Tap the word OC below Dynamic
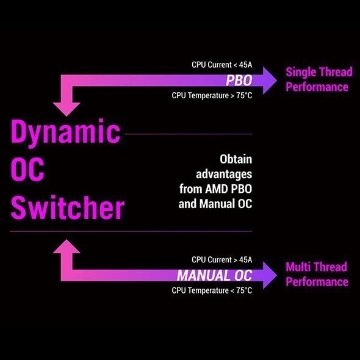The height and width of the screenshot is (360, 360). tap(27, 169)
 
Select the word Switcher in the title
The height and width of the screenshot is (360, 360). tap(68, 207)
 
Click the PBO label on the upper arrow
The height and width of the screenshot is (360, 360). tap(239, 81)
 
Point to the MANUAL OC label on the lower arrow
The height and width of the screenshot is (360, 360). tap(215, 275)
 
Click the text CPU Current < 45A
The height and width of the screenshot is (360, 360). tap(221, 65)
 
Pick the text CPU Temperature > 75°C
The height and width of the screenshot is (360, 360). tap(212, 96)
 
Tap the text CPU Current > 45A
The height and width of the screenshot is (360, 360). tap(221, 260)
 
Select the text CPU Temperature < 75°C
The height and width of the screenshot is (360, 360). tap(212, 290)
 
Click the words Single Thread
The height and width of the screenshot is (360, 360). tap(319, 72)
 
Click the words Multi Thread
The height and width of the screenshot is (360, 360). tap(316, 267)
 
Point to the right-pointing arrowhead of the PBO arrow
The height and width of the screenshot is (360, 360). tap(270, 81)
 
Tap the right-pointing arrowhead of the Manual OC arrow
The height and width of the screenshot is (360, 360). tap(270, 275)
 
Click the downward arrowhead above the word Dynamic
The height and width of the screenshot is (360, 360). tap(67, 109)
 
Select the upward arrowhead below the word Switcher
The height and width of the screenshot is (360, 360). tap(67, 247)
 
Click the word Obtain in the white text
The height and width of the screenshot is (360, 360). tap(236, 159)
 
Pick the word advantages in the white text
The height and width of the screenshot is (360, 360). tap(224, 175)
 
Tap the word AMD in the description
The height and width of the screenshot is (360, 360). tap(216, 189)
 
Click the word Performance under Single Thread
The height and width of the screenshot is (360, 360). tap(317, 87)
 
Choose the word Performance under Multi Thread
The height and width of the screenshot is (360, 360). tap(317, 282)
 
